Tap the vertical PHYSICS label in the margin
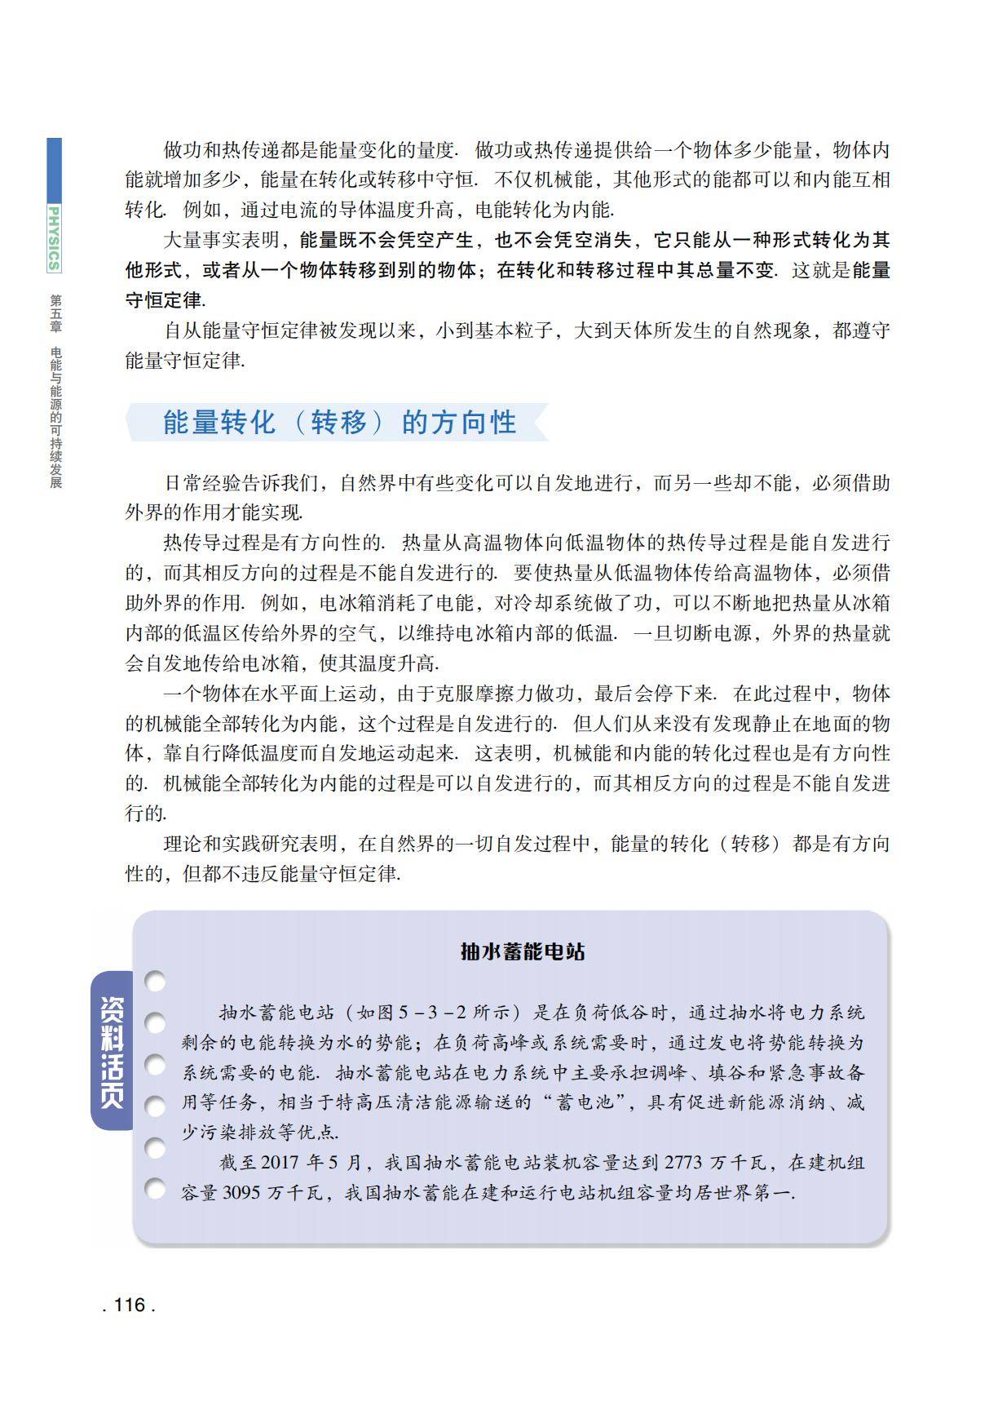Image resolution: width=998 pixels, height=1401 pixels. (x=54, y=237)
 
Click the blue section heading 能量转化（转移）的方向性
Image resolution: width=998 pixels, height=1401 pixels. (x=339, y=423)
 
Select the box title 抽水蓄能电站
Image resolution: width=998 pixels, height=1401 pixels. (x=523, y=951)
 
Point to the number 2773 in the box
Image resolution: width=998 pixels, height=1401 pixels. (x=683, y=1162)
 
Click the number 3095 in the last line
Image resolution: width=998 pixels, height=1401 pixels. (x=241, y=1192)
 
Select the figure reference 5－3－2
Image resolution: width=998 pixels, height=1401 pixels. (x=432, y=1013)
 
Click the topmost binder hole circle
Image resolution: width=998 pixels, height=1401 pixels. (x=155, y=982)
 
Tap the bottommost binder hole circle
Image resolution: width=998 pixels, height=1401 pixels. (x=155, y=1189)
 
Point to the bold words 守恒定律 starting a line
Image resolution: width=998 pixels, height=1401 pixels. (x=162, y=300)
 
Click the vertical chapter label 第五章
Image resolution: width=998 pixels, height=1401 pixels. (x=55, y=313)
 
